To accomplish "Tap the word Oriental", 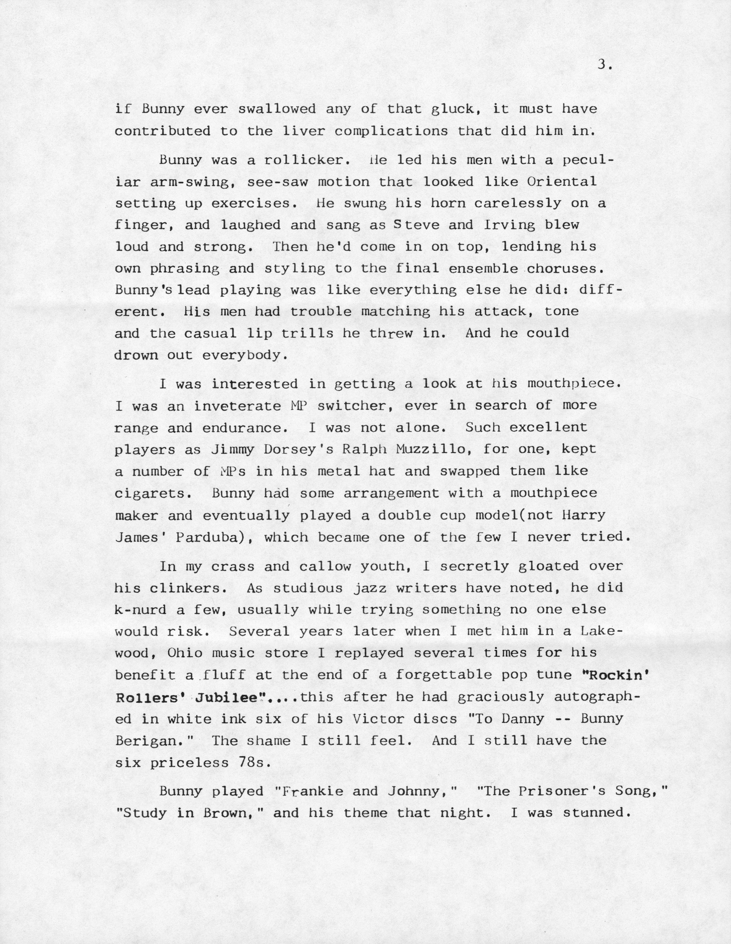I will point(562,182).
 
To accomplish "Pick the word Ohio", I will point(185,653).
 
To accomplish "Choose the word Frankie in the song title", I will point(309,792).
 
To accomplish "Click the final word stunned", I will point(594,813).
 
